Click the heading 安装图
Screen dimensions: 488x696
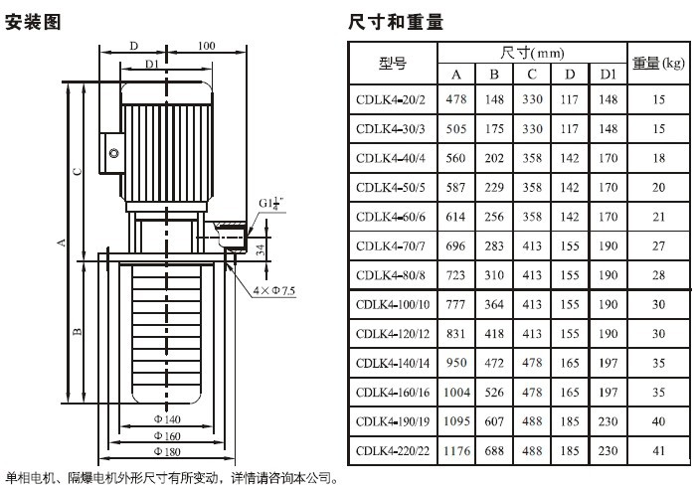click(34, 21)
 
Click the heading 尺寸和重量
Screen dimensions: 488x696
click(396, 21)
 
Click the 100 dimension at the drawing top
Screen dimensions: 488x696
click(207, 46)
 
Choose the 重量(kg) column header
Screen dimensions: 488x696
click(658, 63)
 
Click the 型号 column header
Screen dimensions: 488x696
click(393, 64)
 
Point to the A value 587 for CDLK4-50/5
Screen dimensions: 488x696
click(457, 187)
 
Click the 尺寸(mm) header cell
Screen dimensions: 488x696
click(532, 51)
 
